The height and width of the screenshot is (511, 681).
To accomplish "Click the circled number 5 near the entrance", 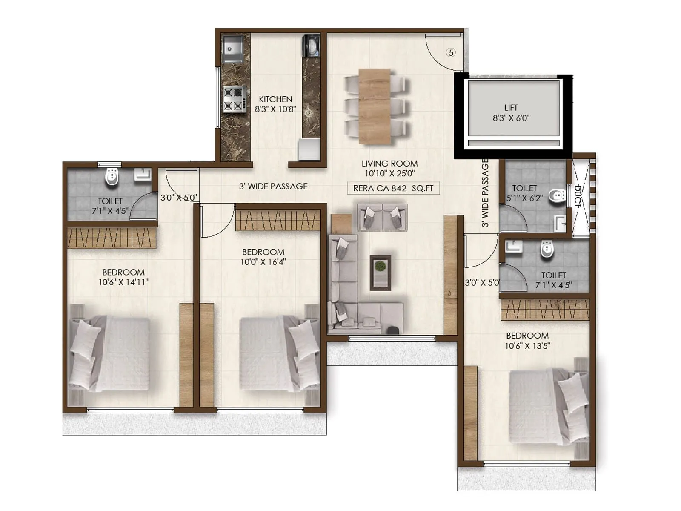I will [x=451, y=52].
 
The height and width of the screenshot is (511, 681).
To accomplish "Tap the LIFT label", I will [x=511, y=108].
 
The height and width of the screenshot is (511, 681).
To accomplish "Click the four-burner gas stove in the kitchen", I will [x=234, y=99].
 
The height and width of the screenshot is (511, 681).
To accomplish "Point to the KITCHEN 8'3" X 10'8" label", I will [x=275, y=104].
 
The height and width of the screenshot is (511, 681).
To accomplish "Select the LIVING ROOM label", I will [x=389, y=164].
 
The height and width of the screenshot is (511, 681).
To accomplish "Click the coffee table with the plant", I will [x=380, y=273].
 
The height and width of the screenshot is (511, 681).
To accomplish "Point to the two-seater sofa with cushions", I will [x=382, y=217].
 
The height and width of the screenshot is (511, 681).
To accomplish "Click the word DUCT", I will [x=578, y=196].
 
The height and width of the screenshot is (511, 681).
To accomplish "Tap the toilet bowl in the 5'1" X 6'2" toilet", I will [x=556, y=196].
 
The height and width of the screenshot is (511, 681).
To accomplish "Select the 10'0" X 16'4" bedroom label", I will [x=263, y=257].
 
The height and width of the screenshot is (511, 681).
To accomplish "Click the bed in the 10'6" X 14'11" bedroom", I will [x=110, y=353].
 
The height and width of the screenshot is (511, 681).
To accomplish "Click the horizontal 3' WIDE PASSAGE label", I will [x=273, y=186].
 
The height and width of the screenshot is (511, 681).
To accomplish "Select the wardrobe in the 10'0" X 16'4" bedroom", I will [x=278, y=220].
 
